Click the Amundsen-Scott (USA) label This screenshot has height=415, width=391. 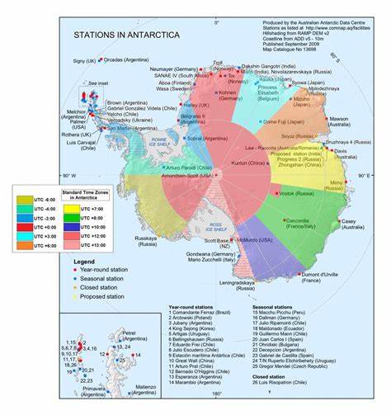(188, 177)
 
